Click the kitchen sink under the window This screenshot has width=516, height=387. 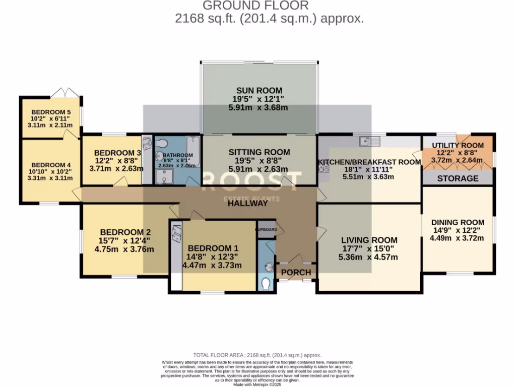click(373, 140)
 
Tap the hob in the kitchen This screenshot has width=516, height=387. click(322, 168)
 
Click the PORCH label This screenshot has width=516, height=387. click(296, 273)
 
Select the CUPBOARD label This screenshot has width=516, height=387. click(266, 229)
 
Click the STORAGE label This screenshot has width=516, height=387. click(458, 178)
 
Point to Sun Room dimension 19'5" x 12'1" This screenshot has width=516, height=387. click(259, 99)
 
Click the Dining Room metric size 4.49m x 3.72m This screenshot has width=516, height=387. click(458, 239)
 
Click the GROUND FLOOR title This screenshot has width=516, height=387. click(255, 6)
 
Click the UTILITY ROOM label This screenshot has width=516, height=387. click(458, 145)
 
